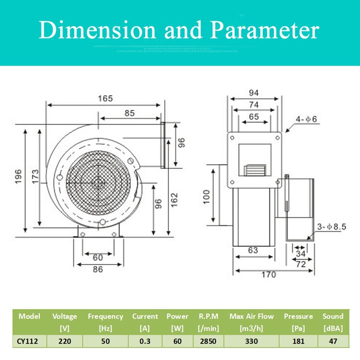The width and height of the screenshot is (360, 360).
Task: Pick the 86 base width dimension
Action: (x=98, y=269)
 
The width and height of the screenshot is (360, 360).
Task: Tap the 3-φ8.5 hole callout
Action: (x=331, y=226)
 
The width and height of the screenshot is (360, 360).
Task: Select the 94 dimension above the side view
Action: (x=254, y=92)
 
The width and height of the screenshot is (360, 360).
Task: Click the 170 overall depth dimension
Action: (x=269, y=275)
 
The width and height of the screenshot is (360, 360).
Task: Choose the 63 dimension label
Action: (x=253, y=250)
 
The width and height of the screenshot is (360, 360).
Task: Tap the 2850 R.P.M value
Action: (x=209, y=341)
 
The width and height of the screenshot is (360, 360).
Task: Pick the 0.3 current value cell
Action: (x=144, y=341)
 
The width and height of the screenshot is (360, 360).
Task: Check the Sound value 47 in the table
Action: (x=333, y=341)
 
